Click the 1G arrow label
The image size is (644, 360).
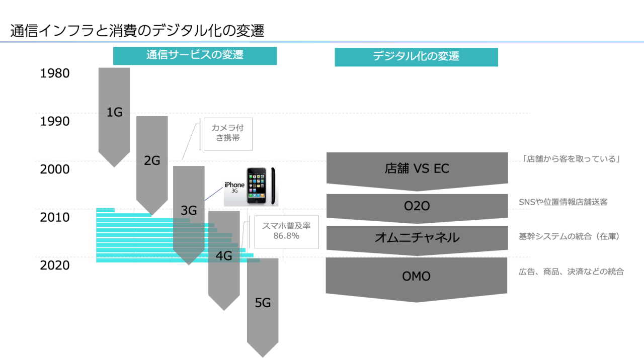pos(115,112)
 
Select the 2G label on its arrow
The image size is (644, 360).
pos(152,161)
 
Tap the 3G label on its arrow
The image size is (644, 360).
pos(189,211)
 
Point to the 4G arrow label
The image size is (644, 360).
pos(223,256)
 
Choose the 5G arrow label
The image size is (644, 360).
pos(263,303)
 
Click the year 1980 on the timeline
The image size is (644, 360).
pos(55,73)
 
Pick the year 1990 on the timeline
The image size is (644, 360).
pos(55,121)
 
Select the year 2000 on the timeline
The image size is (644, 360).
pos(55,169)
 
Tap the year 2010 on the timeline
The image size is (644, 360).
pos(55,218)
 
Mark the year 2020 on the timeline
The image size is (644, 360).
pos(55,265)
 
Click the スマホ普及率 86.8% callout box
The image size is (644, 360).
pos(287,232)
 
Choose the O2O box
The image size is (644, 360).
pos(417,206)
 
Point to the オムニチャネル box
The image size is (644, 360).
pos(417,238)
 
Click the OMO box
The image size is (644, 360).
pos(417,277)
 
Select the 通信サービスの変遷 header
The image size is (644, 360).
pos(195,55)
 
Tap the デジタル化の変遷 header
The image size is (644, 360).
pos(416,57)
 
